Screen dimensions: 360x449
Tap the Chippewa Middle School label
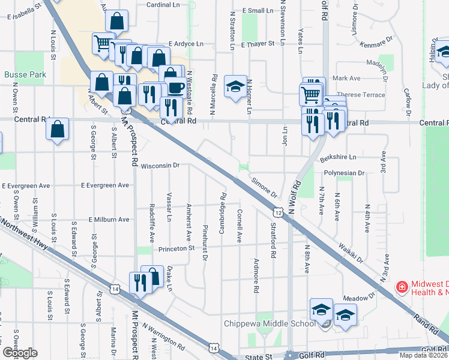269,324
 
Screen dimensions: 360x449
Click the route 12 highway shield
278,213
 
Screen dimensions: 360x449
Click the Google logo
20,353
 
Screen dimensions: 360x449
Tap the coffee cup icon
175,87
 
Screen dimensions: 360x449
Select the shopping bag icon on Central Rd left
58,129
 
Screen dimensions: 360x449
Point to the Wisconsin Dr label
160,165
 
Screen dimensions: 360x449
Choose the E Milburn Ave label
109,220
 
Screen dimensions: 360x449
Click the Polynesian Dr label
345,173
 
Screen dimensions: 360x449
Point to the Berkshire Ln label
338,157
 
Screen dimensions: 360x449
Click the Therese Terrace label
361,95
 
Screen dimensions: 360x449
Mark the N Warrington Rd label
163,337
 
